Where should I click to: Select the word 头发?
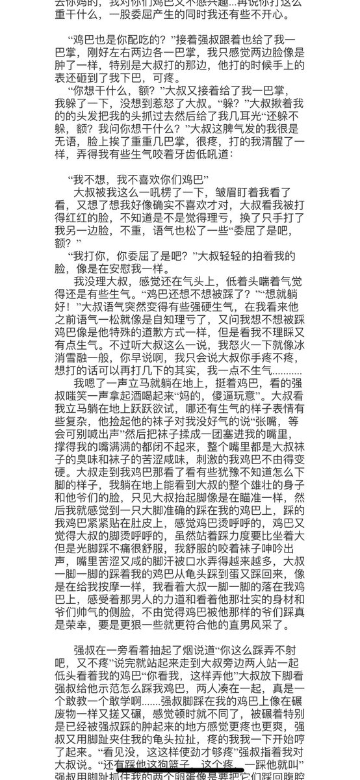tap(100, 129)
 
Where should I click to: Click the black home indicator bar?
tap(181, 773)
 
